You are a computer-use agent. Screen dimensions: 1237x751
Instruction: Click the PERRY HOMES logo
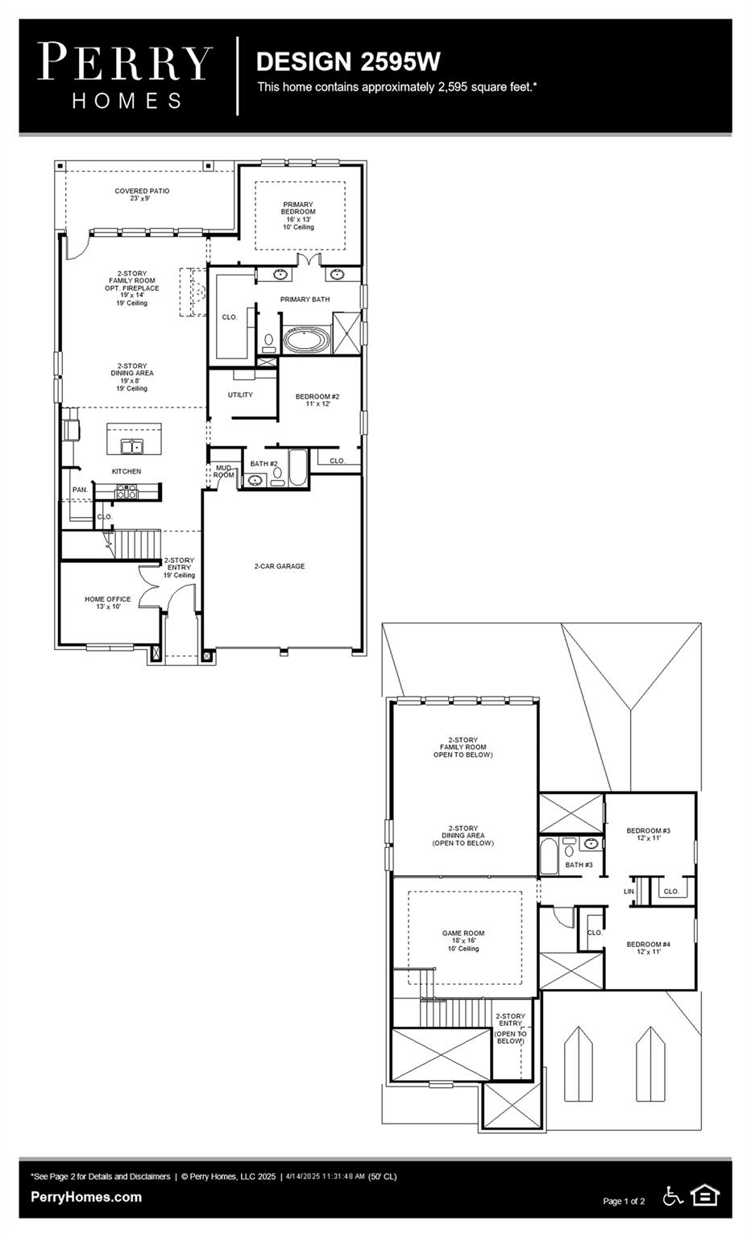pos(125,76)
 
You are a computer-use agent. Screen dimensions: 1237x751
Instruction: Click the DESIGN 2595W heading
pos(347,61)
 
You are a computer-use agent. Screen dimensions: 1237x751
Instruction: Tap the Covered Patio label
pos(142,194)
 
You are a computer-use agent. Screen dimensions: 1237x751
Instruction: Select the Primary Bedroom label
pos(298,212)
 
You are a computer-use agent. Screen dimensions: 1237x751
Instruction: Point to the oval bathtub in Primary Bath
pos(305,340)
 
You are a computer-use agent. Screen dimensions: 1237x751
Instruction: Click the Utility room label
pos(240,395)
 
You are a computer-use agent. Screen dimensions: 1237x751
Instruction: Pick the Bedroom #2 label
pos(317,399)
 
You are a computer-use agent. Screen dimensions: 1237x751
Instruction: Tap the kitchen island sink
pos(132,445)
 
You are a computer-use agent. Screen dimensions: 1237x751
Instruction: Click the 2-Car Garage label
pos(280,566)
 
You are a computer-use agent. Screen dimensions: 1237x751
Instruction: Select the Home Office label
pos(108,602)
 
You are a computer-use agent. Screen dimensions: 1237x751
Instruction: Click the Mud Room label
pos(223,471)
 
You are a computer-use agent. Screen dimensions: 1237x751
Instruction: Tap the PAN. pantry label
pos(80,490)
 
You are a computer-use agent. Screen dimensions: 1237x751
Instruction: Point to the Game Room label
pos(463,937)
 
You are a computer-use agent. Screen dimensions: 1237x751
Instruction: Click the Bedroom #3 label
pos(649,834)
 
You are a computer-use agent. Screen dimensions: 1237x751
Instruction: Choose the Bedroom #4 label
pos(649,947)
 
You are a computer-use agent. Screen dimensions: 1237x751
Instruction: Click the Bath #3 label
pos(579,865)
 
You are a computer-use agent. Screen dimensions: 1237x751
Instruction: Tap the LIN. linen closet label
pos(629,892)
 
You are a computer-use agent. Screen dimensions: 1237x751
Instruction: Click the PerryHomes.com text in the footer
pos(86,1198)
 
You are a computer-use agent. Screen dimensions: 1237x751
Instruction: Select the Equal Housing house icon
pos(705,1195)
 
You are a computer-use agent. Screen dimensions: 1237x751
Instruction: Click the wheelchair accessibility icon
pos(673,1196)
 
